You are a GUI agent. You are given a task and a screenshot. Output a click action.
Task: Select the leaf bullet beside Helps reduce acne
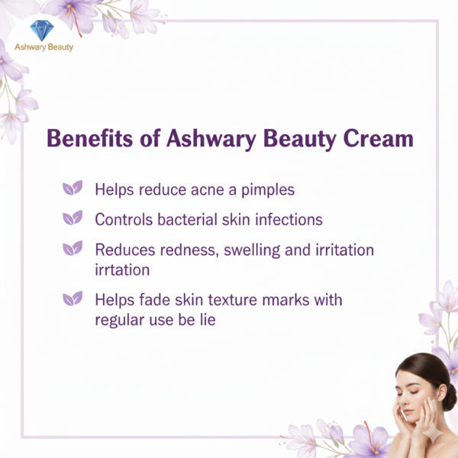pos(73,189)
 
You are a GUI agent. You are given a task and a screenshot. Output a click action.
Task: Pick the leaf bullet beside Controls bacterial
pos(73,218)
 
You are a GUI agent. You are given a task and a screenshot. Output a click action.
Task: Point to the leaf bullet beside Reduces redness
pos(73,249)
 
